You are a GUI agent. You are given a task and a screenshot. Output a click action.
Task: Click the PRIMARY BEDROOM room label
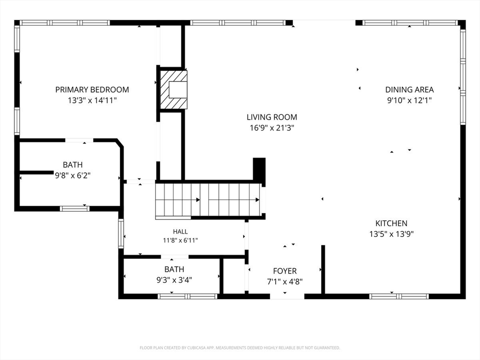92,90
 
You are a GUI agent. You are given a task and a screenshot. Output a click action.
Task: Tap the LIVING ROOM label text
272,117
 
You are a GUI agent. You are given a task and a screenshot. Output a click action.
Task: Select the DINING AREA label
409,90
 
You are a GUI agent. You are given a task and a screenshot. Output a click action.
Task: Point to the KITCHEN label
391,223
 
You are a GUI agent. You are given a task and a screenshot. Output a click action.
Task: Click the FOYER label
285,271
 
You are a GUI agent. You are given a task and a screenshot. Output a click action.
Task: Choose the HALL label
180,232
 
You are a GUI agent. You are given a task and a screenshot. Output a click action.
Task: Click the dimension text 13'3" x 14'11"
92,100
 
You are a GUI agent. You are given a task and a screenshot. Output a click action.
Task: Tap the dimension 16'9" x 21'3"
272,127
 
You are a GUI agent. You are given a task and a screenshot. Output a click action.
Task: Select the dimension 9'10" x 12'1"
409,100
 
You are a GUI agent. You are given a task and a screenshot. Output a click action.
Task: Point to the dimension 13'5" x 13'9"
391,234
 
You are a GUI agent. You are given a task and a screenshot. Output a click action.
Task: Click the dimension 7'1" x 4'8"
285,282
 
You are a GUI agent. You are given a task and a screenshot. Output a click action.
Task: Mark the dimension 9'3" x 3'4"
174,280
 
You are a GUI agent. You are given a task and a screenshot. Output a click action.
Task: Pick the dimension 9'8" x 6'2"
73,175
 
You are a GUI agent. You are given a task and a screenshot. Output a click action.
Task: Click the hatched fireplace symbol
173,90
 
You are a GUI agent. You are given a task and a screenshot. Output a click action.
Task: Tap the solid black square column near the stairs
259,169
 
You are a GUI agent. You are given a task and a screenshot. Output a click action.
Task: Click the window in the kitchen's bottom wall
398,296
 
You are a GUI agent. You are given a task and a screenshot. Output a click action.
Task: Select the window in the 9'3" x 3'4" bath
187,296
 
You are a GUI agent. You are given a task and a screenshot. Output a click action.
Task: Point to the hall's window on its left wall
121,233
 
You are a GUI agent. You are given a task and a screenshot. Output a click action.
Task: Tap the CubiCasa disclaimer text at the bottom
240,348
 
